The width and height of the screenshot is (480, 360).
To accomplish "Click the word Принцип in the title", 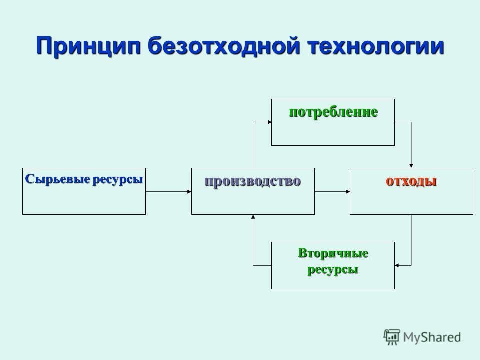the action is pyautogui.click(x=88, y=46).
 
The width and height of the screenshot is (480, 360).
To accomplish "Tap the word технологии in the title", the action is pyautogui.click(x=375, y=46).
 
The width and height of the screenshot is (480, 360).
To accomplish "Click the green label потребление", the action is pyautogui.click(x=333, y=112).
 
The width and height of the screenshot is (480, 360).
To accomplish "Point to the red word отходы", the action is pyautogui.click(x=411, y=181).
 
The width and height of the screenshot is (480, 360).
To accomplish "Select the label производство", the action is pyautogui.click(x=253, y=181).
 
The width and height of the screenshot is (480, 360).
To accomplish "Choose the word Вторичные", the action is pyautogui.click(x=333, y=253).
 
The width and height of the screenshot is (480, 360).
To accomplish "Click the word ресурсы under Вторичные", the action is pyautogui.click(x=333, y=270).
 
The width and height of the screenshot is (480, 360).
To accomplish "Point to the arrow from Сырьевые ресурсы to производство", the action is pyautogui.click(x=168, y=192).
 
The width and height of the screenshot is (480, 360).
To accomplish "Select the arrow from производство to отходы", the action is pyautogui.click(x=332, y=192).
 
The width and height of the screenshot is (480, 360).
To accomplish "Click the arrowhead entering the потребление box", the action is pyautogui.click(x=269, y=122).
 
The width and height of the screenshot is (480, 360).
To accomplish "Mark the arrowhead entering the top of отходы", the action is pyautogui.click(x=411, y=166).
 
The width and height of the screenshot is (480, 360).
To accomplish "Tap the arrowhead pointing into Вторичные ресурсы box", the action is pyautogui.click(x=397, y=265).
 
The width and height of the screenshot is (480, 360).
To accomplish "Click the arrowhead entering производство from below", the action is pyautogui.click(x=253, y=217).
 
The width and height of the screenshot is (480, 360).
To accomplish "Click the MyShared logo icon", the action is pyautogui.click(x=392, y=337).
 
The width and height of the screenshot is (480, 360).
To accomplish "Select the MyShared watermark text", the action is pyautogui.click(x=432, y=337).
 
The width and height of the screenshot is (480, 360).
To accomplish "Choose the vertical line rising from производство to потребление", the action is pyautogui.click(x=253, y=145).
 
